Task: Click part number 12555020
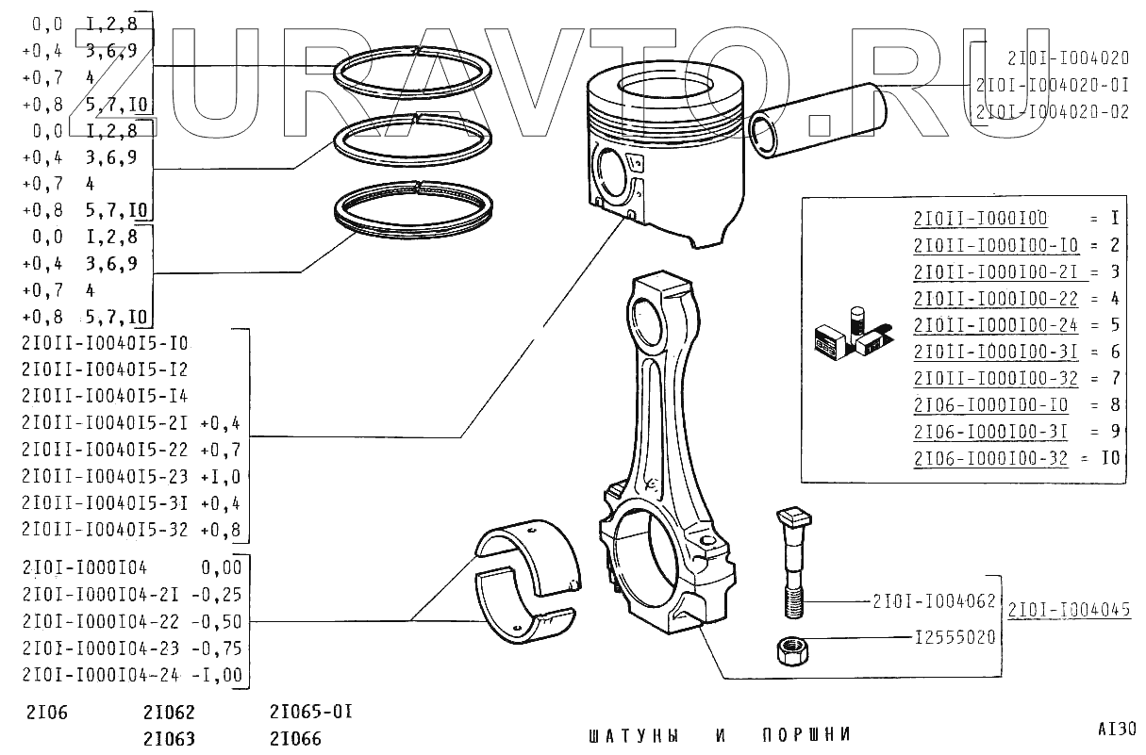955,638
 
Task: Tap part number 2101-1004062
934,599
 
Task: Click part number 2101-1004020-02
1054,111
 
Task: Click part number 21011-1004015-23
109,476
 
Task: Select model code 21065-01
310,711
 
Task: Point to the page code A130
1117,729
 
